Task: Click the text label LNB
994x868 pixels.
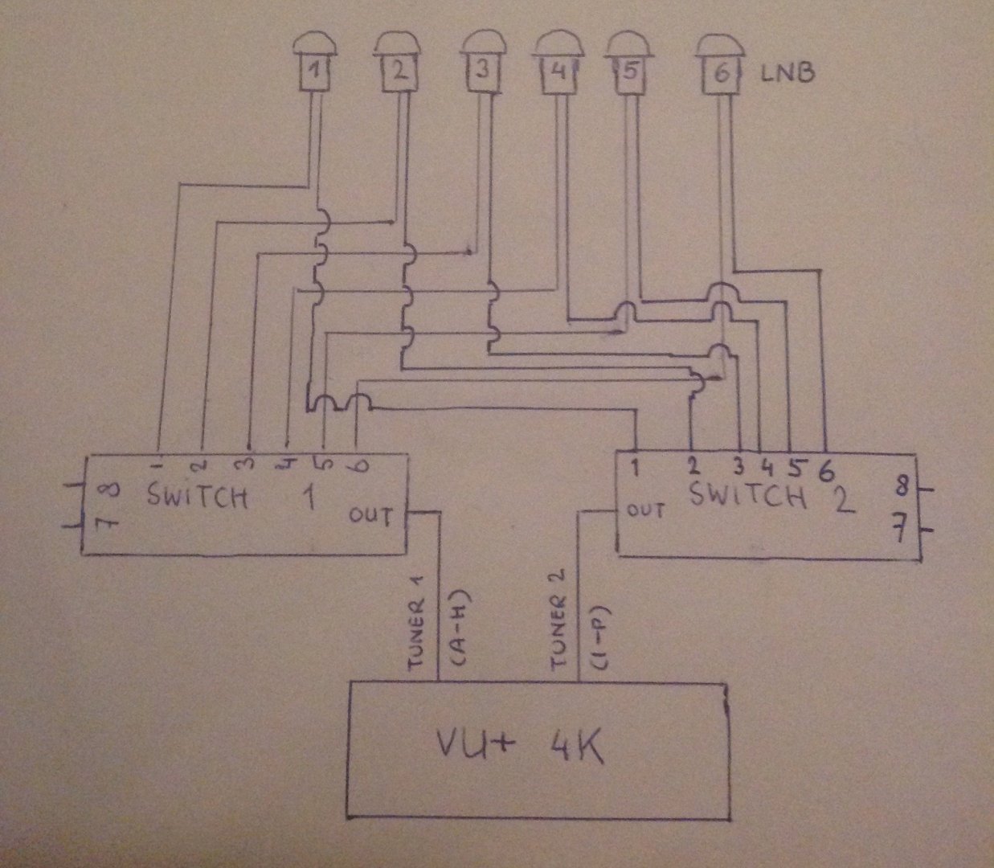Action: coord(788,75)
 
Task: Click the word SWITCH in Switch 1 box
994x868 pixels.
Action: coord(198,496)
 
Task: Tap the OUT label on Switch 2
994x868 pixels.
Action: coord(645,510)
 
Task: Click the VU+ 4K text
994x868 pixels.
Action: coord(520,748)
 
